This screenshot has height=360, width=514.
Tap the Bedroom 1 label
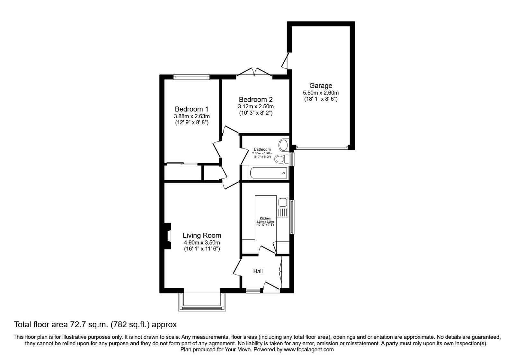point(191,109)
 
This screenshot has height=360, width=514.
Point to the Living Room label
point(202,235)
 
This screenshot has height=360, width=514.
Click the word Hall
point(258,271)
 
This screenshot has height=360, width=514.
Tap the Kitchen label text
point(265,218)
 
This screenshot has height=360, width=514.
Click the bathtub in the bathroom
point(269,173)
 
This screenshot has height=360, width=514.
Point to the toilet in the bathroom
point(282,159)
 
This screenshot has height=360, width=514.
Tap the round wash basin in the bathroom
point(284,145)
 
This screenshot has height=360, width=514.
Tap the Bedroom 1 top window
point(191,77)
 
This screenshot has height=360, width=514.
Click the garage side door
point(285,61)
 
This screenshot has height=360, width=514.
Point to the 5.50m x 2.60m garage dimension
point(321,93)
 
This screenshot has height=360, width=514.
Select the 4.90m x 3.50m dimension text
point(202,243)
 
